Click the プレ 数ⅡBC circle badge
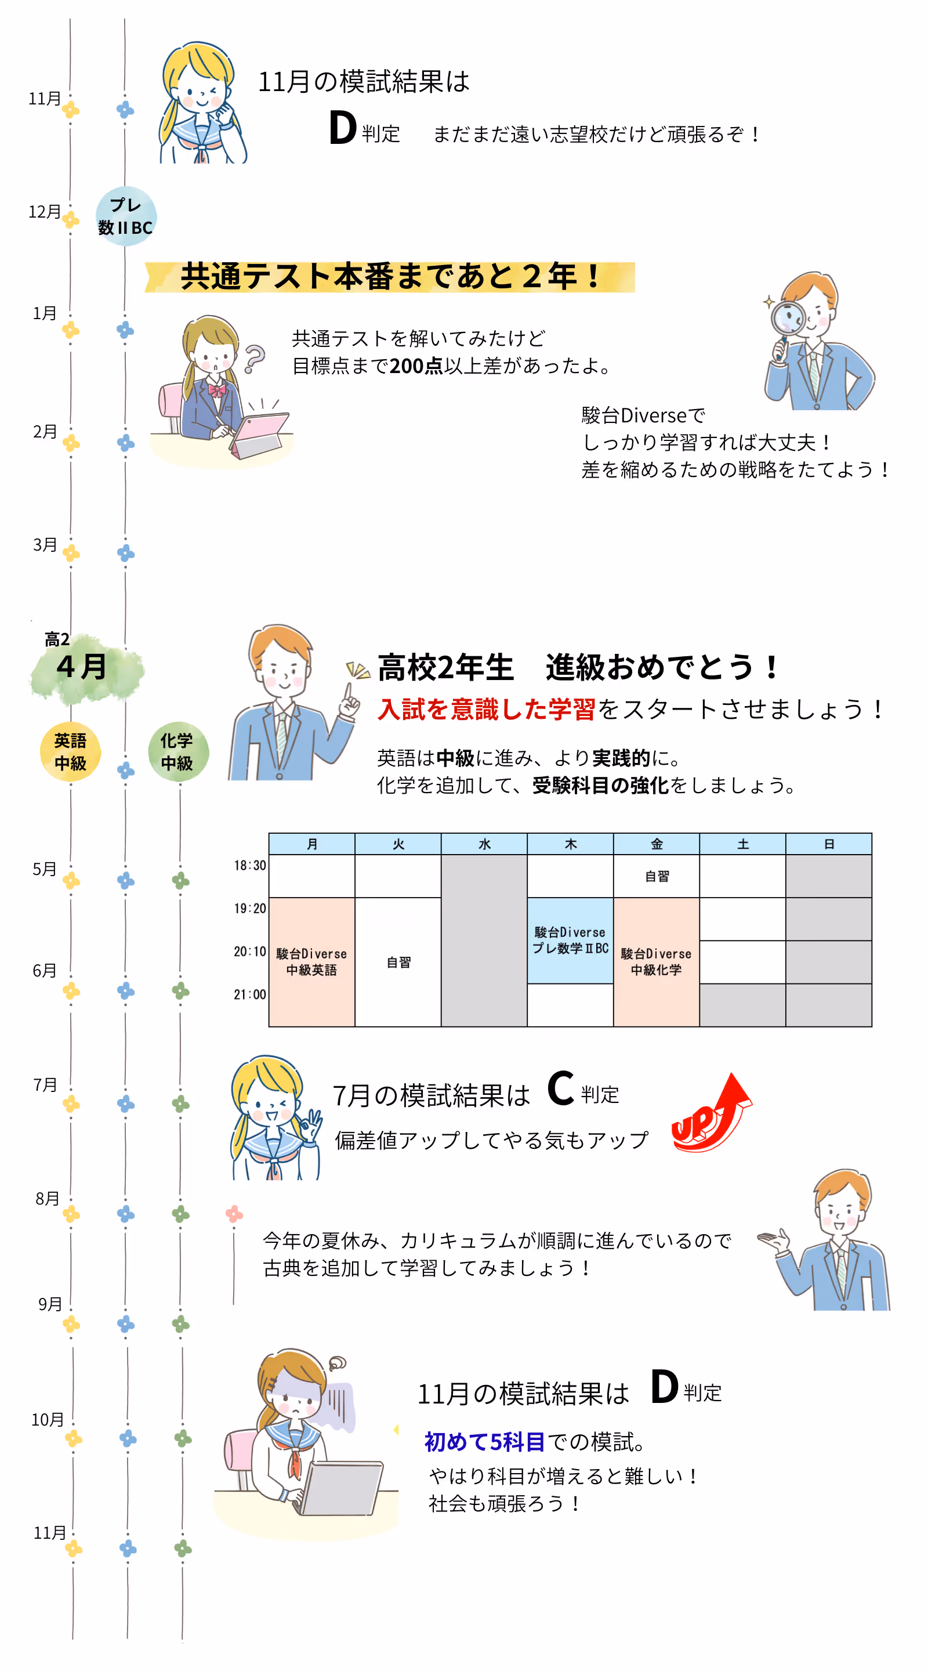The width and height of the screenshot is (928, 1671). click(x=125, y=216)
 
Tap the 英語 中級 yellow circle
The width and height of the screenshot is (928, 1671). click(x=70, y=752)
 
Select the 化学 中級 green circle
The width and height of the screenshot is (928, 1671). click(x=177, y=752)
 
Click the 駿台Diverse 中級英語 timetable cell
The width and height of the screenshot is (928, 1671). click(x=311, y=961)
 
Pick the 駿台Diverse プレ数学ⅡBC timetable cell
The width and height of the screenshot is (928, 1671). click(x=570, y=940)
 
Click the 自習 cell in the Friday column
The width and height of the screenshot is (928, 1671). click(x=657, y=876)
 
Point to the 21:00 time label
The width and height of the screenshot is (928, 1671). click(x=249, y=994)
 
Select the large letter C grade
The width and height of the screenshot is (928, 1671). click(x=560, y=1089)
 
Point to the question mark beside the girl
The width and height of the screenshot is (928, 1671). click(x=254, y=358)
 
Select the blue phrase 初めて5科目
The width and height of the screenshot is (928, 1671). click(x=484, y=1442)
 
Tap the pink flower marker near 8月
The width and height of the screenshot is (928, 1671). click(x=234, y=1214)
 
